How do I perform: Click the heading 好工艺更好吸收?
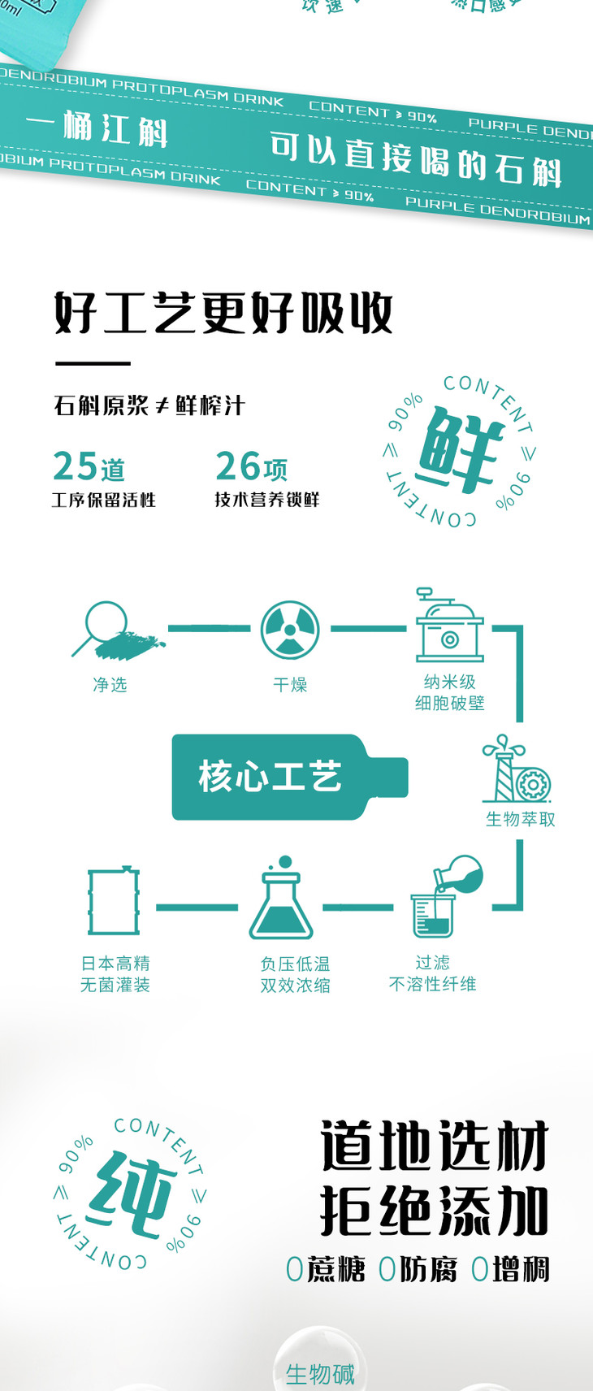(223, 313)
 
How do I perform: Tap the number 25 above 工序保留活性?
(75, 466)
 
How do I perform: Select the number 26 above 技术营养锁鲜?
(237, 466)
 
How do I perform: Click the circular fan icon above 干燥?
(290, 630)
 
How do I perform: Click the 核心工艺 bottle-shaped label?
(276, 777)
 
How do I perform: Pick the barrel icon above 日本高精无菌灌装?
(114, 900)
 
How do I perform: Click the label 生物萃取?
(521, 819)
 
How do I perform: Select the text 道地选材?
(435, 1146)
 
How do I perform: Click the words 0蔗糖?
(326, 1269)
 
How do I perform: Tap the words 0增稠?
(511, 1269)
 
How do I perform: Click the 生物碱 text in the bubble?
(320, 1374)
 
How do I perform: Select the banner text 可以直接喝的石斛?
(415, 158)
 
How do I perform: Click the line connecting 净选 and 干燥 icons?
(209, 628)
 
